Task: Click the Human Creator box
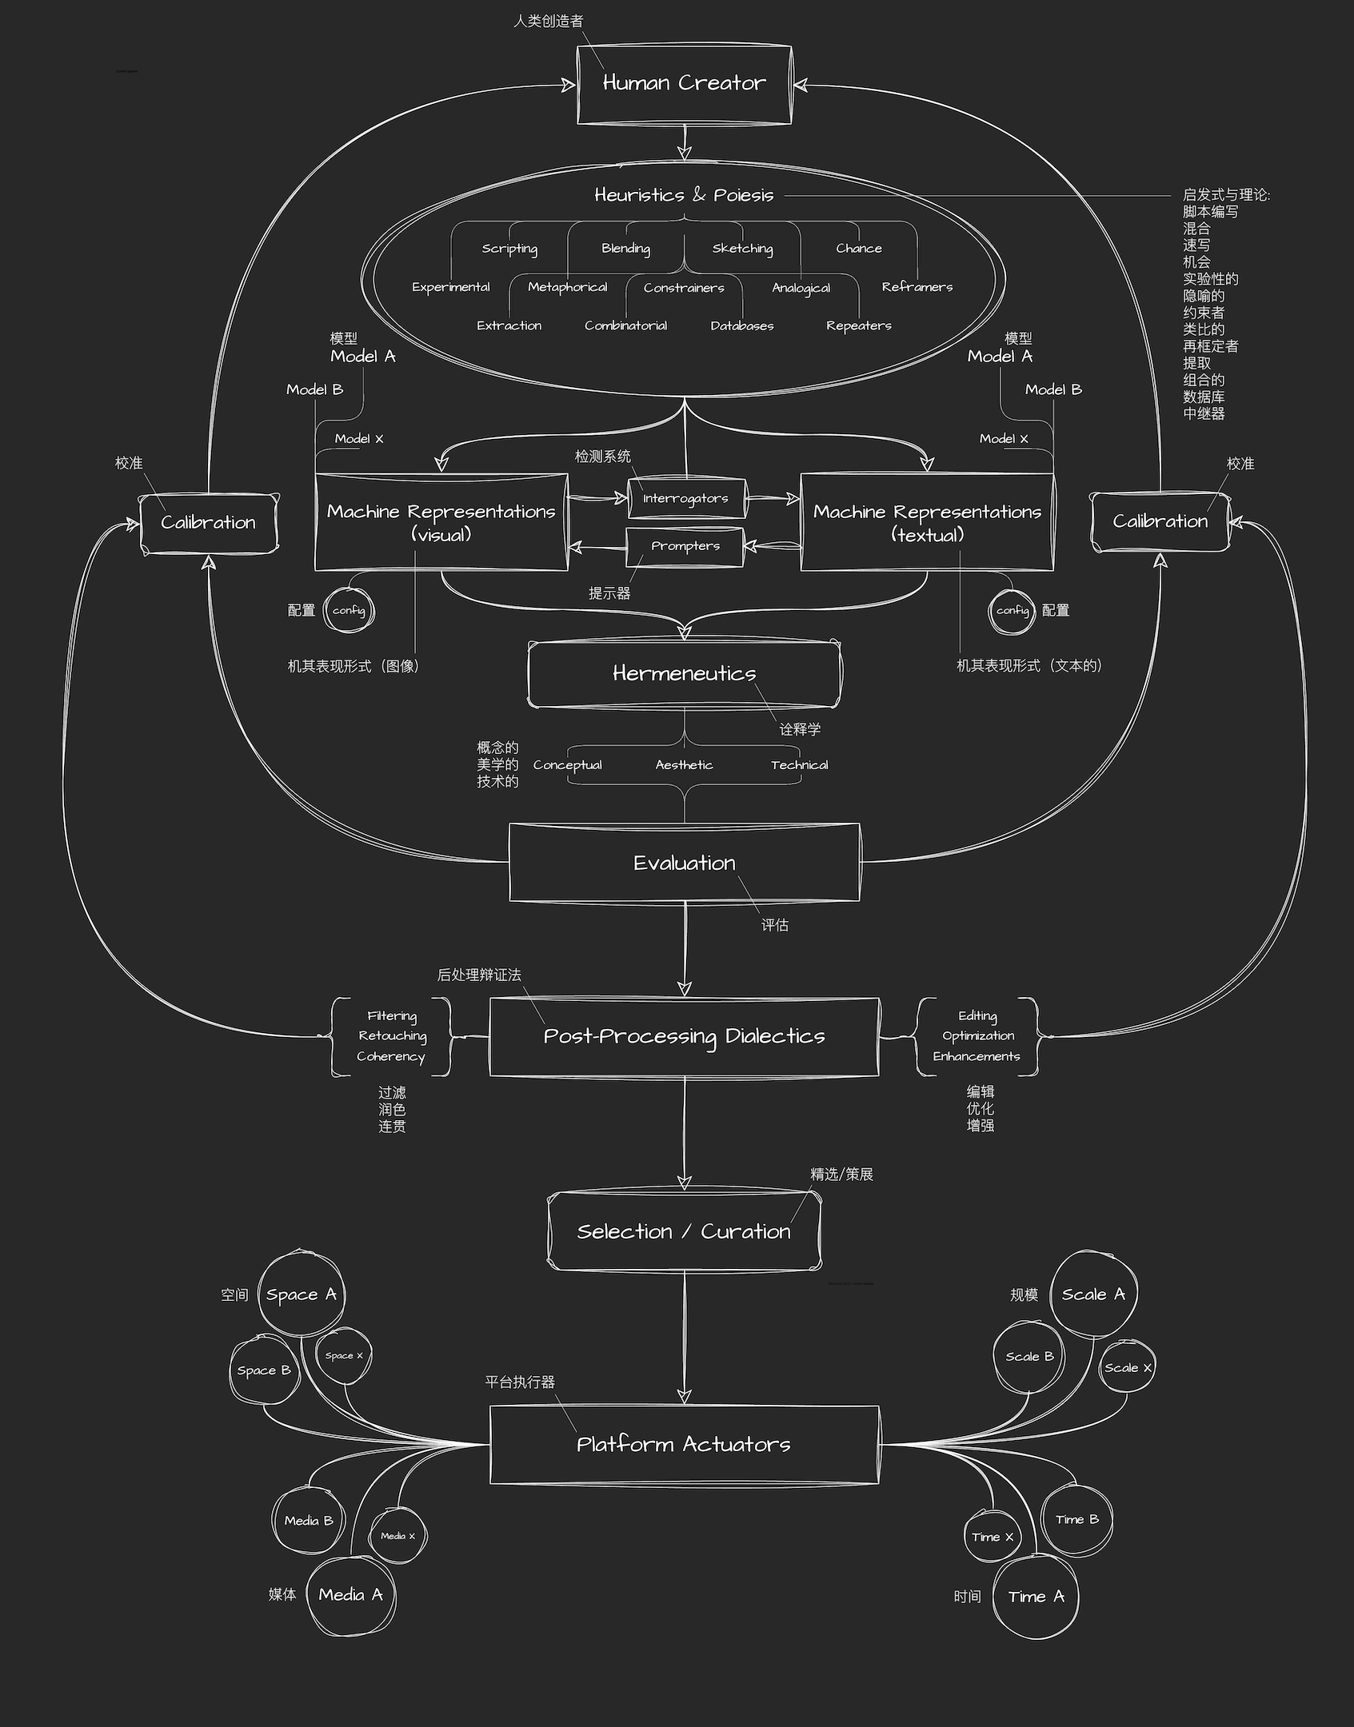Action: point(684,84)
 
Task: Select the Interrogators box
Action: point(686,499)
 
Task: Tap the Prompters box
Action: point(685,547)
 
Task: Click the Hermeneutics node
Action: point(684,673)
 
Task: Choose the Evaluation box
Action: point(684,863)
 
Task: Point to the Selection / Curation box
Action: point(684,1231)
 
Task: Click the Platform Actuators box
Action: point(684,1444)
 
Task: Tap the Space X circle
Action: point(344,1356)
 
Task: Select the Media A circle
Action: point(350,1595)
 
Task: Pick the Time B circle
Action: point(1076,1520)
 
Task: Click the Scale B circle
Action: point(1029,1357)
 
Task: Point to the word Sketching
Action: point(742,249)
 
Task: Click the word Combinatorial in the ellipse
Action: point(625,325)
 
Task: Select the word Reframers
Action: point(917,287)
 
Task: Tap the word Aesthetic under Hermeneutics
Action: point(684,765)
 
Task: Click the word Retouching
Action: point(392,1036)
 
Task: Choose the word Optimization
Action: point(977,1036)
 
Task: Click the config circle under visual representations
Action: point(349,611)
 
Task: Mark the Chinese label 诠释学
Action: point(800,729)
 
